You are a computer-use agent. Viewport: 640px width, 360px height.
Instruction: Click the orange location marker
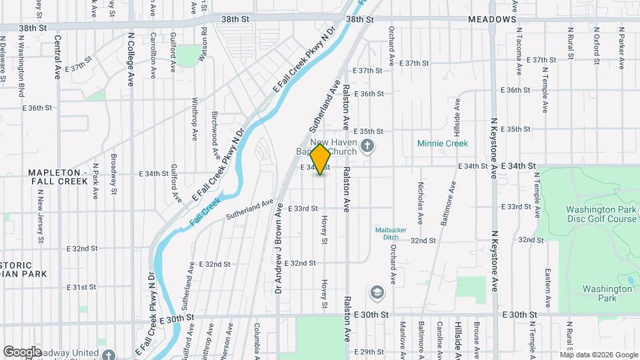[x=321, y=159]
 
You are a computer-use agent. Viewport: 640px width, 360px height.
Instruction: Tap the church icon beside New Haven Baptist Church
[x=367, y=145]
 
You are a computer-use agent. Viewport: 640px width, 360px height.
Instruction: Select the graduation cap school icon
[x=377, y=293]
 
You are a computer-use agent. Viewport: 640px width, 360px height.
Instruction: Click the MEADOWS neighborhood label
[x=492, y=20]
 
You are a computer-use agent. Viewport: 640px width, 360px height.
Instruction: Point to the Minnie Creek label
[x=443, y=143]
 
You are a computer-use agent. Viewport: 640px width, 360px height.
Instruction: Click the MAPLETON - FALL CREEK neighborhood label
[x=57, y=177]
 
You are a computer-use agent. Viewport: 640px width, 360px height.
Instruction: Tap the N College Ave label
[x=131, y=60]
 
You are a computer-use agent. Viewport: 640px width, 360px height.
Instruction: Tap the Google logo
[x=22, y=351]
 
